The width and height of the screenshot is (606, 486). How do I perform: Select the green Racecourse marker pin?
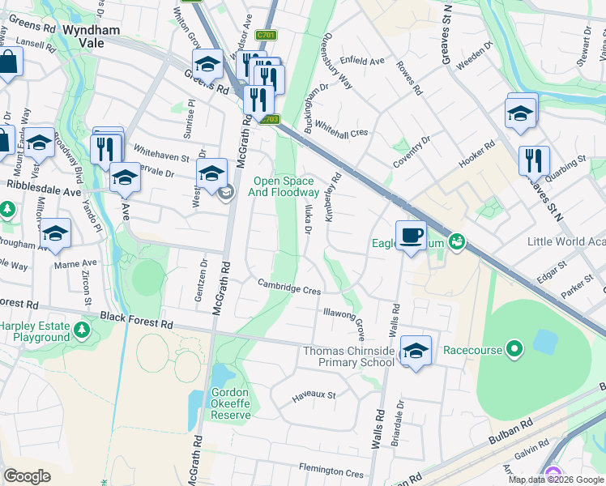[514, 350]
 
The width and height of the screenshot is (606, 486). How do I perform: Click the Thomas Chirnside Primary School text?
[348, 356]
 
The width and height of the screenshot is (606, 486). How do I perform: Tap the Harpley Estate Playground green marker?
[82, 330]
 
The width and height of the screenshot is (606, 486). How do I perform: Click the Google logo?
[28, 475]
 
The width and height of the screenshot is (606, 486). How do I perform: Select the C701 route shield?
[266, 36]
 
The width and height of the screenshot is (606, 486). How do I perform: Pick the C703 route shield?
[270, 120]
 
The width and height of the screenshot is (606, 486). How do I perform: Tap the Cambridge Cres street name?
[290, 286]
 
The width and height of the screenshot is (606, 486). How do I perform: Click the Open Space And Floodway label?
[286, 187]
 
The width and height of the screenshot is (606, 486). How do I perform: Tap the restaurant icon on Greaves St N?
[534, 160]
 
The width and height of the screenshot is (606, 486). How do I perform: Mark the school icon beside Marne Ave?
[55, 233]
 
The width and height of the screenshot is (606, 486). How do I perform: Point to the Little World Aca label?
[565, 241]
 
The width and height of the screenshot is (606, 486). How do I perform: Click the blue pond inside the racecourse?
[544, 342]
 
